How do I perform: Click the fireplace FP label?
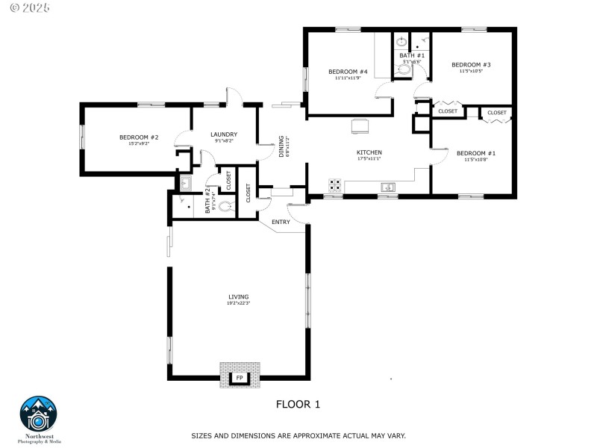[240, 379]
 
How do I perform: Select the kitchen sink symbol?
[388, 187]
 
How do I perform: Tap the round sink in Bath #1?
[401, 42]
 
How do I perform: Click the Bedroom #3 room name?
[471, 65]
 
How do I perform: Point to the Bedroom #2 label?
[139, 137]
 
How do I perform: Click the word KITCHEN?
[369, 152]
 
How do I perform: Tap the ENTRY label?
[281, 222]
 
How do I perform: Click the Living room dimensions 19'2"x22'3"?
[239, 303]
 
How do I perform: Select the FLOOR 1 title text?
[298, 405]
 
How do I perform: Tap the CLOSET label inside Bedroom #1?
[496, 113]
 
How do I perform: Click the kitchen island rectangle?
[360, 126]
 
